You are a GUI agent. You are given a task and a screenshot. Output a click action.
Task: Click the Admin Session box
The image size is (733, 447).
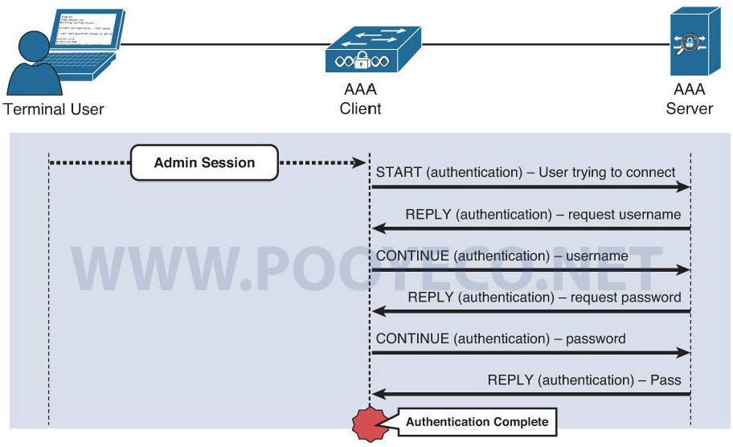pos(204,162)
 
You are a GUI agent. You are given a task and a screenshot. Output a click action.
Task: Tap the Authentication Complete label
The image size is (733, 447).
pos(477,421)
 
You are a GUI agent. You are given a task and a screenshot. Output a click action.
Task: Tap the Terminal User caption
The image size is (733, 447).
pos(54,109)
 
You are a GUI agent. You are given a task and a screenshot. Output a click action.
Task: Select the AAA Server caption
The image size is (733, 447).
pos(689,99)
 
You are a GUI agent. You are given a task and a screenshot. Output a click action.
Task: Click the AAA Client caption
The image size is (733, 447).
pos(360,99)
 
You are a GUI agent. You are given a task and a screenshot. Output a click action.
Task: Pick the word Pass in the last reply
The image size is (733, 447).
pos(666,379)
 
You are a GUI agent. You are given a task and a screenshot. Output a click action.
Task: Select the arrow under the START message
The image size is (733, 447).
pos(530,187)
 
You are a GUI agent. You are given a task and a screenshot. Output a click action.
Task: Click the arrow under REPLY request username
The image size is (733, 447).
pos(530,229)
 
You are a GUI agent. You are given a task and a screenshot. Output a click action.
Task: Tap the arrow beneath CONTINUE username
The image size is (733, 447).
pos(530,270)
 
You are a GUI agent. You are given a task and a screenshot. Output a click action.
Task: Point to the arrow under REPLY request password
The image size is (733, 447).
pos(530,312)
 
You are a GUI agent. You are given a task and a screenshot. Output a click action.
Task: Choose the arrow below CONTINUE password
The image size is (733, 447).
pos(530,353)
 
